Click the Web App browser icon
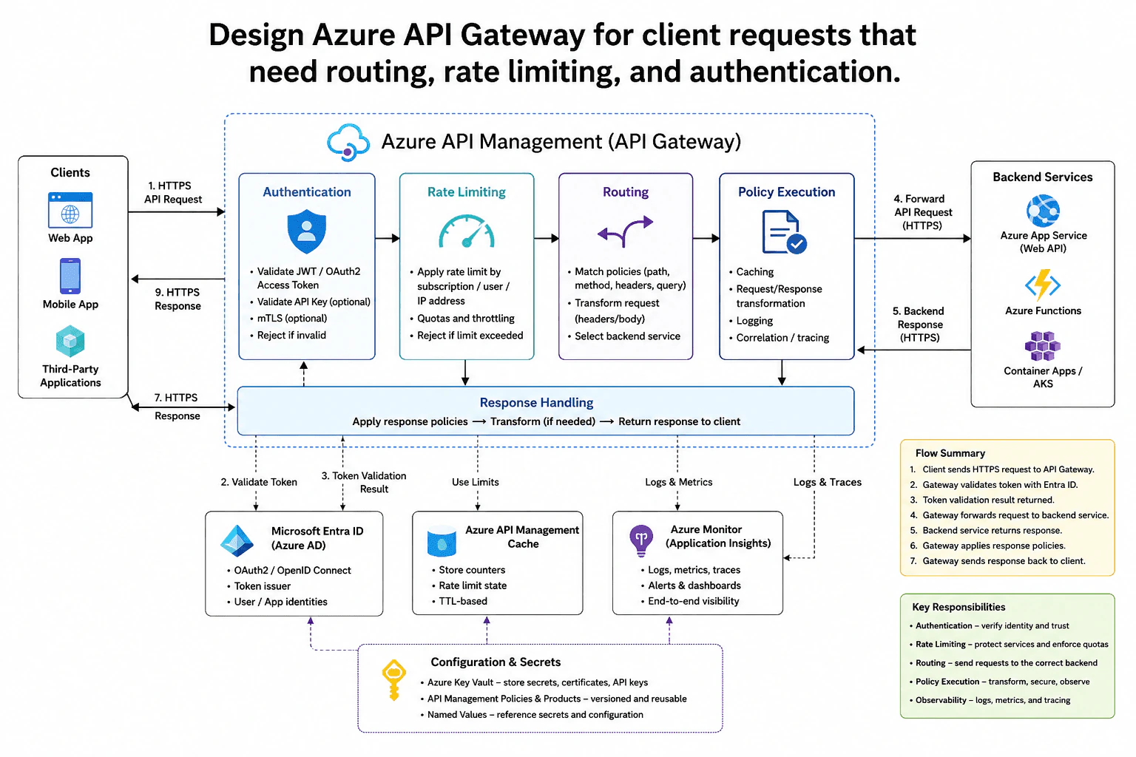click(x=70, y=210)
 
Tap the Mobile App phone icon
click(x=70, y=276)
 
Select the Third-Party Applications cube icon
click(x=70, y=342)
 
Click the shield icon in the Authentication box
click(x=306, y=231)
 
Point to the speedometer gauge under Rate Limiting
click(x=467, y=231)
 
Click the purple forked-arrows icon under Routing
click(x=625, y=231)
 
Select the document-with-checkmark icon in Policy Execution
click(x=784, y=231)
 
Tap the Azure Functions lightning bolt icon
click(x=1043, y=285)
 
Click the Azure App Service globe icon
click(x=1043, y=211)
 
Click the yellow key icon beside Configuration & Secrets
click(x=393, y=680)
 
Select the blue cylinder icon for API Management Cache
click(x=442, y=541)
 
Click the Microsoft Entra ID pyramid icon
click(x=237, y=541)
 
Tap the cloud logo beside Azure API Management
click(x=348, y=143)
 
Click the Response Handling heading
click(x=536, y=403)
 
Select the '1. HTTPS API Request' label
click(x=172, y=192)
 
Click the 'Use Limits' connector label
click(x=476, y=482)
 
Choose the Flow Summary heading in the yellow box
click(x=950, y=453)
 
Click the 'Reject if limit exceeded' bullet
click(x=470, y=335)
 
